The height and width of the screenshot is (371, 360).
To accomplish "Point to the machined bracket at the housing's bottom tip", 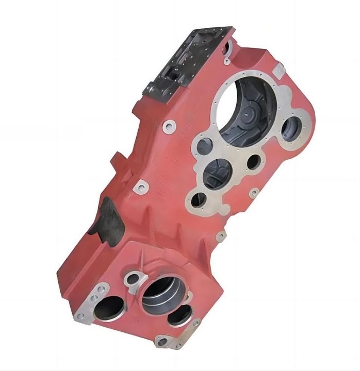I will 164,340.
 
